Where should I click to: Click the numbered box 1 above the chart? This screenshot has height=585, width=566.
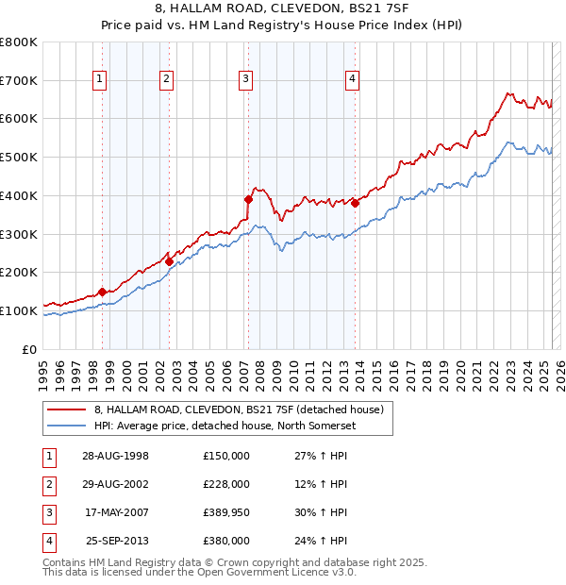(x=99, y=80)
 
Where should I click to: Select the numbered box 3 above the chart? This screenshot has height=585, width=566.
(x=244, y=80)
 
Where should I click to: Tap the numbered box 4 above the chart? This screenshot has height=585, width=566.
(x=352, y=80)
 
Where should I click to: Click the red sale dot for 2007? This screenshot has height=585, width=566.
(x=248, y=199)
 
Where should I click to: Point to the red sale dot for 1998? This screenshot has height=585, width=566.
(x=102, y=292)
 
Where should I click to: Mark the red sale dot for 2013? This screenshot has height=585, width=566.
(x=355, y=203)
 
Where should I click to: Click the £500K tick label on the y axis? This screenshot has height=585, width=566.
(x=18, y=158)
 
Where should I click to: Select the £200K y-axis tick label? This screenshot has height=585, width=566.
(x=18, y=273)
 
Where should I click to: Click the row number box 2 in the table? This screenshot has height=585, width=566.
(x=46, y=484)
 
